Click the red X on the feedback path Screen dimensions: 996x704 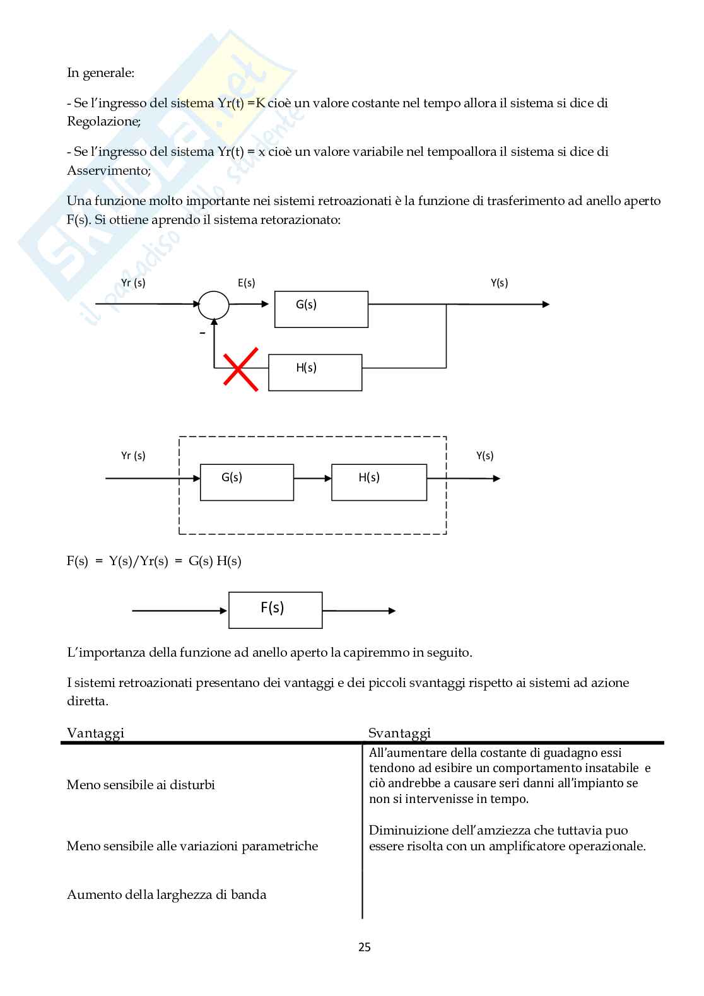[x=240, y=369]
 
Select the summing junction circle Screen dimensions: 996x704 [x=214, y=305]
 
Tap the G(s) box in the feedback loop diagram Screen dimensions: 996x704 [x=321, y=309]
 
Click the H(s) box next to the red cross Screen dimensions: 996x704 [x=315, y=372]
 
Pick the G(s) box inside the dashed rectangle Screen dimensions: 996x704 [x=247, y=483]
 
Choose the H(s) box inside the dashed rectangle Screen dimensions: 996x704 [x=378, y=483]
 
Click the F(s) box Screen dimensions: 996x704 [x=275, y=610]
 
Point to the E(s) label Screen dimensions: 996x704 [x=247, y=283]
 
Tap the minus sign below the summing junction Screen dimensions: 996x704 [x=202, y=333]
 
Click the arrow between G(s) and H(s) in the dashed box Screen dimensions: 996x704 [x=312, y=479]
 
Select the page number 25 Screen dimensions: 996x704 [x=365, y=947]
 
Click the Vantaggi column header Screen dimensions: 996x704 [x=95, y=732]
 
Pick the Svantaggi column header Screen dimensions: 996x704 [x=399, y=732]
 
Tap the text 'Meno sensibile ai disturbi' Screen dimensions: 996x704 [x=141, y=785]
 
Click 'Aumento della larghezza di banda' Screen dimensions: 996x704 [x=167, y=894]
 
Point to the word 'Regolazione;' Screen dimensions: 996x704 [x=104, y=121]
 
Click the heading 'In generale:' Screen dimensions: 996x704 [x=101, y=73]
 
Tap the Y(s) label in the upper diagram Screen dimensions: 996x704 [x=500, y=283]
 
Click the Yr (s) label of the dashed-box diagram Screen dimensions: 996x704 [x=133, y=455]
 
